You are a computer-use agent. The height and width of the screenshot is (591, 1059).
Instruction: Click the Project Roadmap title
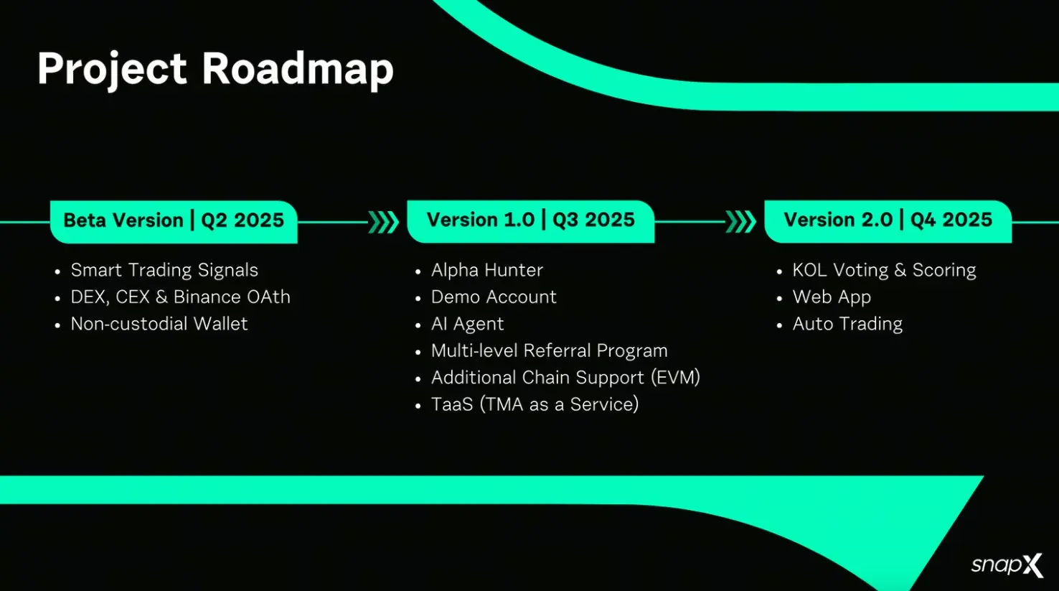[215, 69]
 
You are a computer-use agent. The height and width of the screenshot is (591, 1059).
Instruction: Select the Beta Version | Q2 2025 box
[174, 221]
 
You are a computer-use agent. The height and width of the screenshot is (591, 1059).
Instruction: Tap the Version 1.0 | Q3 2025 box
[530, 220]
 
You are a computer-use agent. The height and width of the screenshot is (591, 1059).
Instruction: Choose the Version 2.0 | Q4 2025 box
[888, 220]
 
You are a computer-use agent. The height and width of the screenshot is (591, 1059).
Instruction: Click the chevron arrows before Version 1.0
[383, 222]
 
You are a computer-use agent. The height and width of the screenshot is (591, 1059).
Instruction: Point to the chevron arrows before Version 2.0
[740, 222]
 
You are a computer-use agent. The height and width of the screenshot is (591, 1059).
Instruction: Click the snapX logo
[1007, 565]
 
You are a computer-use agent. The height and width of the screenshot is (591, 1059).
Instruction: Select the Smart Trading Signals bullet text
[164, 270]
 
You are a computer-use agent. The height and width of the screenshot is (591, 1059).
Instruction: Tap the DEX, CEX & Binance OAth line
[180, 297]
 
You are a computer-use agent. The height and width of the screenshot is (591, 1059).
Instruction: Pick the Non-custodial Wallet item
[159, 324]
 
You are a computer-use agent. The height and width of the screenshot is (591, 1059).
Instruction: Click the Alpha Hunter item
[486, 270]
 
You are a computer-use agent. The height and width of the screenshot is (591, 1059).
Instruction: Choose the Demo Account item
[494, 297]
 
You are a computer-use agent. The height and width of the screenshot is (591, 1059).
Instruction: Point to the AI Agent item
[467, 324]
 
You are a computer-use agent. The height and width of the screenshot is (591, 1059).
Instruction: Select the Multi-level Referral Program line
[549, 351]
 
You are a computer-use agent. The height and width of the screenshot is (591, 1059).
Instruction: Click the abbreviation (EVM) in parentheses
[675, 378]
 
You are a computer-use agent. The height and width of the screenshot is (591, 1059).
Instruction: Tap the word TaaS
[452, 405]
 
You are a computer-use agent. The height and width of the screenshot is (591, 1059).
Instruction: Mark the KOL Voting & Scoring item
[884, 270]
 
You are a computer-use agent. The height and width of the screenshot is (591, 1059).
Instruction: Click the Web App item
[832, 297]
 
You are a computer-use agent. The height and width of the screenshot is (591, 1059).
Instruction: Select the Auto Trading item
[847, 324]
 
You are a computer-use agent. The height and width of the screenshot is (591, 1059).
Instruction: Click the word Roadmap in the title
[297, 69]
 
